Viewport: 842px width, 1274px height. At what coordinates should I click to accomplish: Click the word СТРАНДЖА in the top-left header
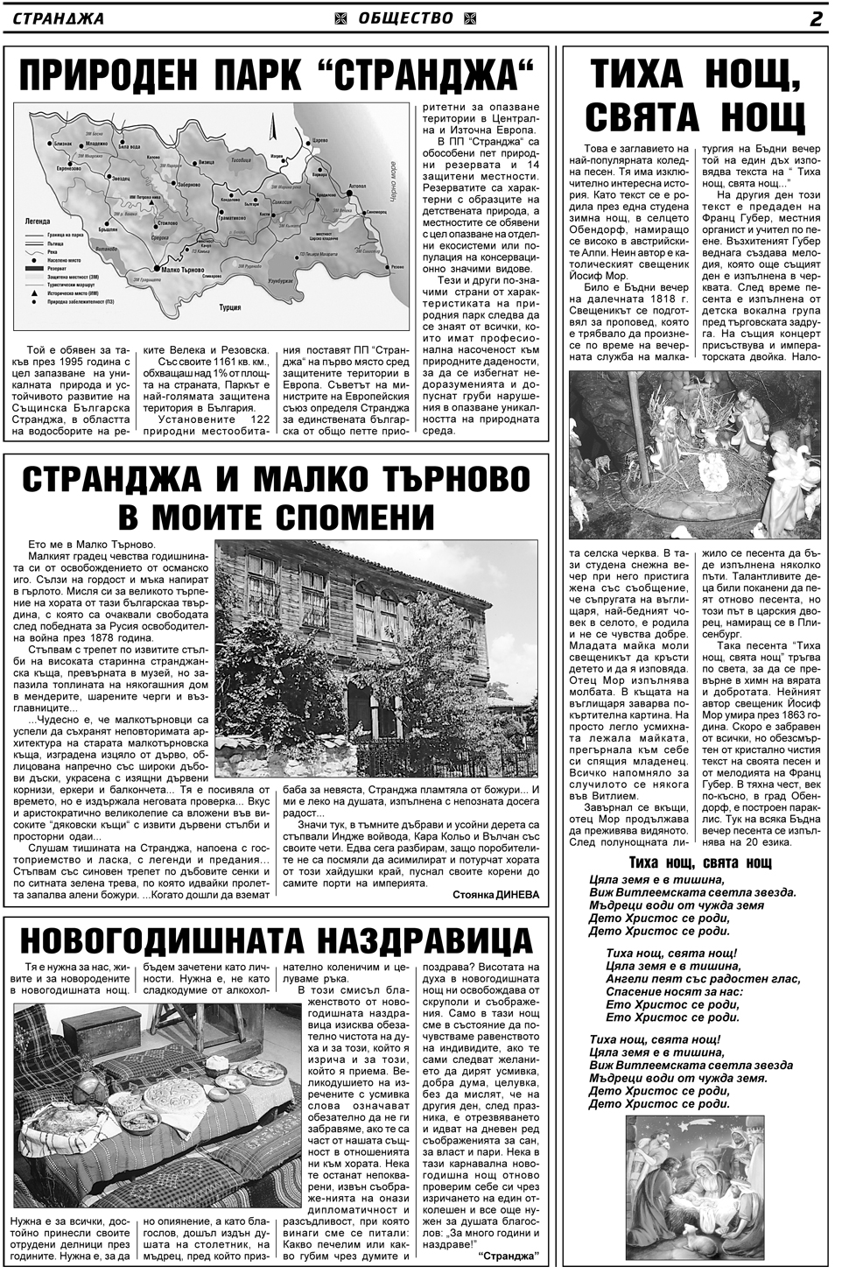coord(59,18)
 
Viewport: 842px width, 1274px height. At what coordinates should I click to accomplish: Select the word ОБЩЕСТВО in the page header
coord(406,18)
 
